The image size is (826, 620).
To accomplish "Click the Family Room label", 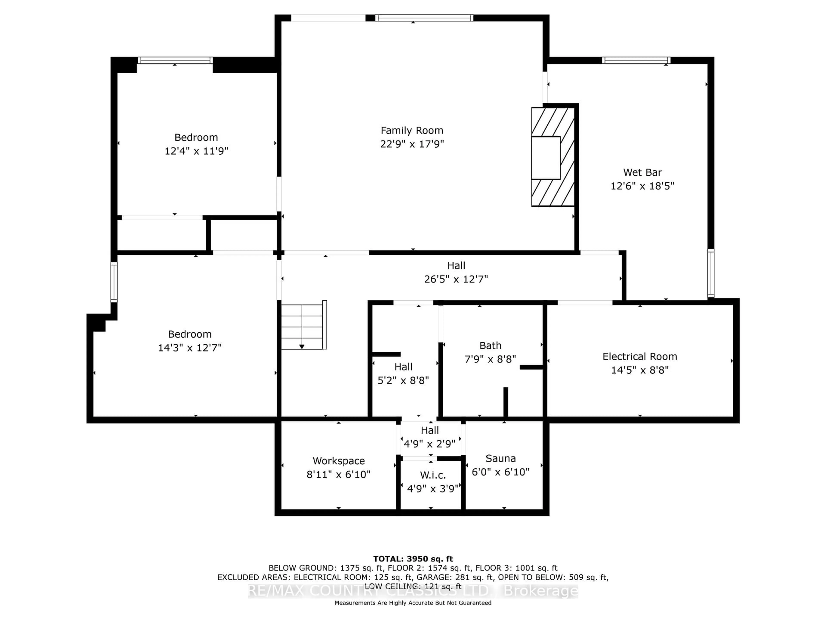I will click(412, 130).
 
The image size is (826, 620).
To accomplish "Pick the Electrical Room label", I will click(640, 356).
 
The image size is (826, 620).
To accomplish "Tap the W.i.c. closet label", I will click(433, 475).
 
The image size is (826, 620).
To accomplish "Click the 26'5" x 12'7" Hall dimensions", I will click(456, 279).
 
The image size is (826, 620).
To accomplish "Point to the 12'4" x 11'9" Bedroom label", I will click(196, 138).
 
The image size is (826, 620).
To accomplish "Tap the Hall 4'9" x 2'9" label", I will click(429, 431).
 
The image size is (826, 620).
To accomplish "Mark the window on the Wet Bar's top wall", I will click(636, 60).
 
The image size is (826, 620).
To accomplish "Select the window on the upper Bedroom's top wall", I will click(175, 60).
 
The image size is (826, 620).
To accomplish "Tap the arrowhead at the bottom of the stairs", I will click(302, 347).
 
